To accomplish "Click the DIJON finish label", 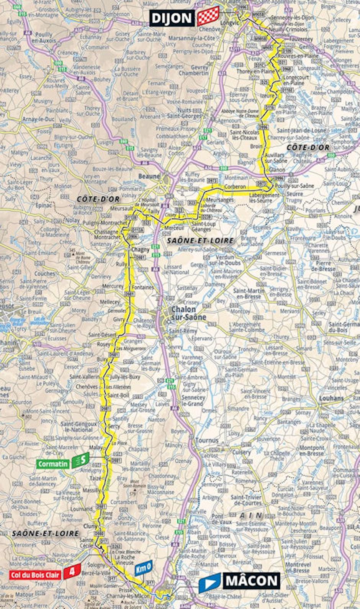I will [x=172, y=18].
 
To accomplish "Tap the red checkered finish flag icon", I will [x=208, y=17].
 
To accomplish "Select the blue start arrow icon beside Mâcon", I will [x=210, y=582].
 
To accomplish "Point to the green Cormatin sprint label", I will [x=53, y=464].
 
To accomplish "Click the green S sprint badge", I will [x=80, y=460].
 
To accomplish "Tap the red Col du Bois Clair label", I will [x=35, y=575].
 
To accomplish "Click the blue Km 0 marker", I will [x=143, y=567].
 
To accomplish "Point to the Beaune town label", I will [x=149, y=176].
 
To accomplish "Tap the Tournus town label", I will [x=207, y=440].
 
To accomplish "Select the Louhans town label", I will [x=331, y=398].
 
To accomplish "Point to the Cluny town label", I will [x=90, y=526].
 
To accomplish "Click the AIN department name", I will [x=251, y=515].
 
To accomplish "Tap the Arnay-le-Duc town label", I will [x=38, y=119].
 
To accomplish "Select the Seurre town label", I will [x=295, y=194].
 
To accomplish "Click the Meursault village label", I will [x=121, y=209].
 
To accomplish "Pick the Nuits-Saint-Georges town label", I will [x=184, y=113].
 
